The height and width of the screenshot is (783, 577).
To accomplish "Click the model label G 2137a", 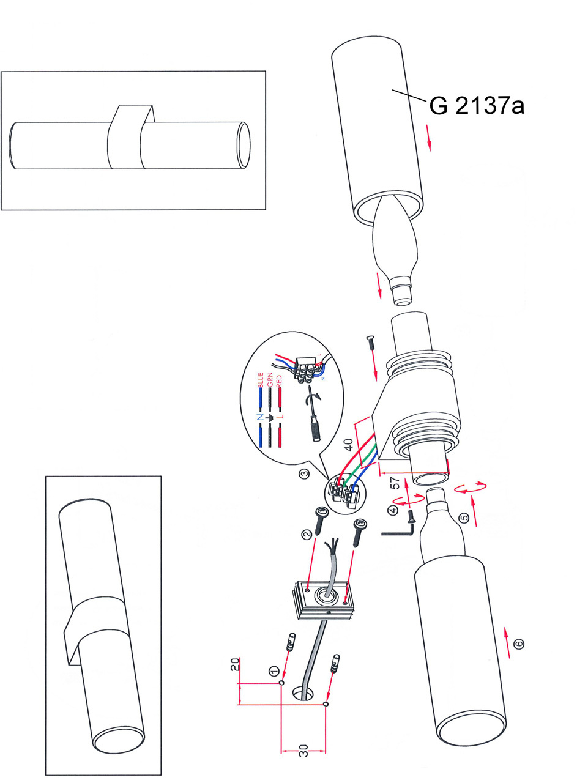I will [x=477, y=106].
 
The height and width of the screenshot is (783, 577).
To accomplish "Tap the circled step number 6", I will [x=518, y=644].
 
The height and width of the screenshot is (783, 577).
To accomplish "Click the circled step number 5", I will [x=464, y=518].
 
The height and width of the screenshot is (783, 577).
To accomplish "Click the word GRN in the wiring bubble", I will [x=270, y=380].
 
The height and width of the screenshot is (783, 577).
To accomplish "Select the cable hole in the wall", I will [x=303, y=693].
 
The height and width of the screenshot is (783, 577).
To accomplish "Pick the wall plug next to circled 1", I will [x=290, y=643].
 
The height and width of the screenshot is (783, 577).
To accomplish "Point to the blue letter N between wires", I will [x=261, y=418].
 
